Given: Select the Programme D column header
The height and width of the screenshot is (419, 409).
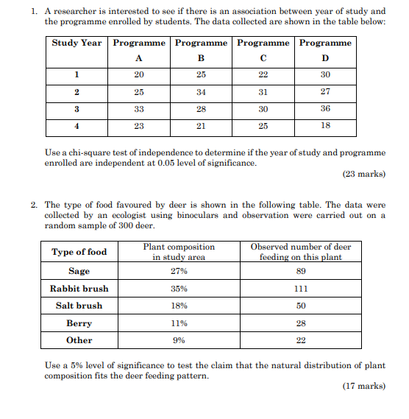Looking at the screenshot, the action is [x=324, y=50].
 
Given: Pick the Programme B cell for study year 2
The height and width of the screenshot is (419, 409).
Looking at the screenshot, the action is [x=201, y=92].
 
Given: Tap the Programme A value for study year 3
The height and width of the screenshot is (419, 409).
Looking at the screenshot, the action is [x=139, y=109].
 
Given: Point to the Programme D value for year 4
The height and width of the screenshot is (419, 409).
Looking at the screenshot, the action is [x=325, y=126].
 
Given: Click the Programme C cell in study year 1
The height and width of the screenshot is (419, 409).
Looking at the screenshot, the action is [x=263, y=75].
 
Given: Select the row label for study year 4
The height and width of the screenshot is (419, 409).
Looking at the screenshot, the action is [x=77, y=126].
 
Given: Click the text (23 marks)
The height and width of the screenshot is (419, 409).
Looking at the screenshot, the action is [x=363, y=175].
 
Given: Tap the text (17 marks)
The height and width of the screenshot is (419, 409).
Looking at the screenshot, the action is [x=363, y=386].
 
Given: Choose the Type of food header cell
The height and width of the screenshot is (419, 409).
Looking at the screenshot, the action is [x=79, y=252].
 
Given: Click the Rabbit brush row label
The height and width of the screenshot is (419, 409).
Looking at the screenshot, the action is [x=79, y=288].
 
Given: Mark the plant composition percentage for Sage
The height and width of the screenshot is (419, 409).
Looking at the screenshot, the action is [x=179, y=271].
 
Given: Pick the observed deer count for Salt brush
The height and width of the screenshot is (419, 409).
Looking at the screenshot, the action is [x=301, y=306].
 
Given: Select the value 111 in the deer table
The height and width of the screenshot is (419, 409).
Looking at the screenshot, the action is [x=301, y=288].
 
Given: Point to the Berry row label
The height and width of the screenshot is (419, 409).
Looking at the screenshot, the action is [x=79, y=323].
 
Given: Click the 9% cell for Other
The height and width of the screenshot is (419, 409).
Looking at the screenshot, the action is [x=179, y=340].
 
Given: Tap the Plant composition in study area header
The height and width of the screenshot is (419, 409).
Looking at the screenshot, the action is [x=179, y=252].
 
